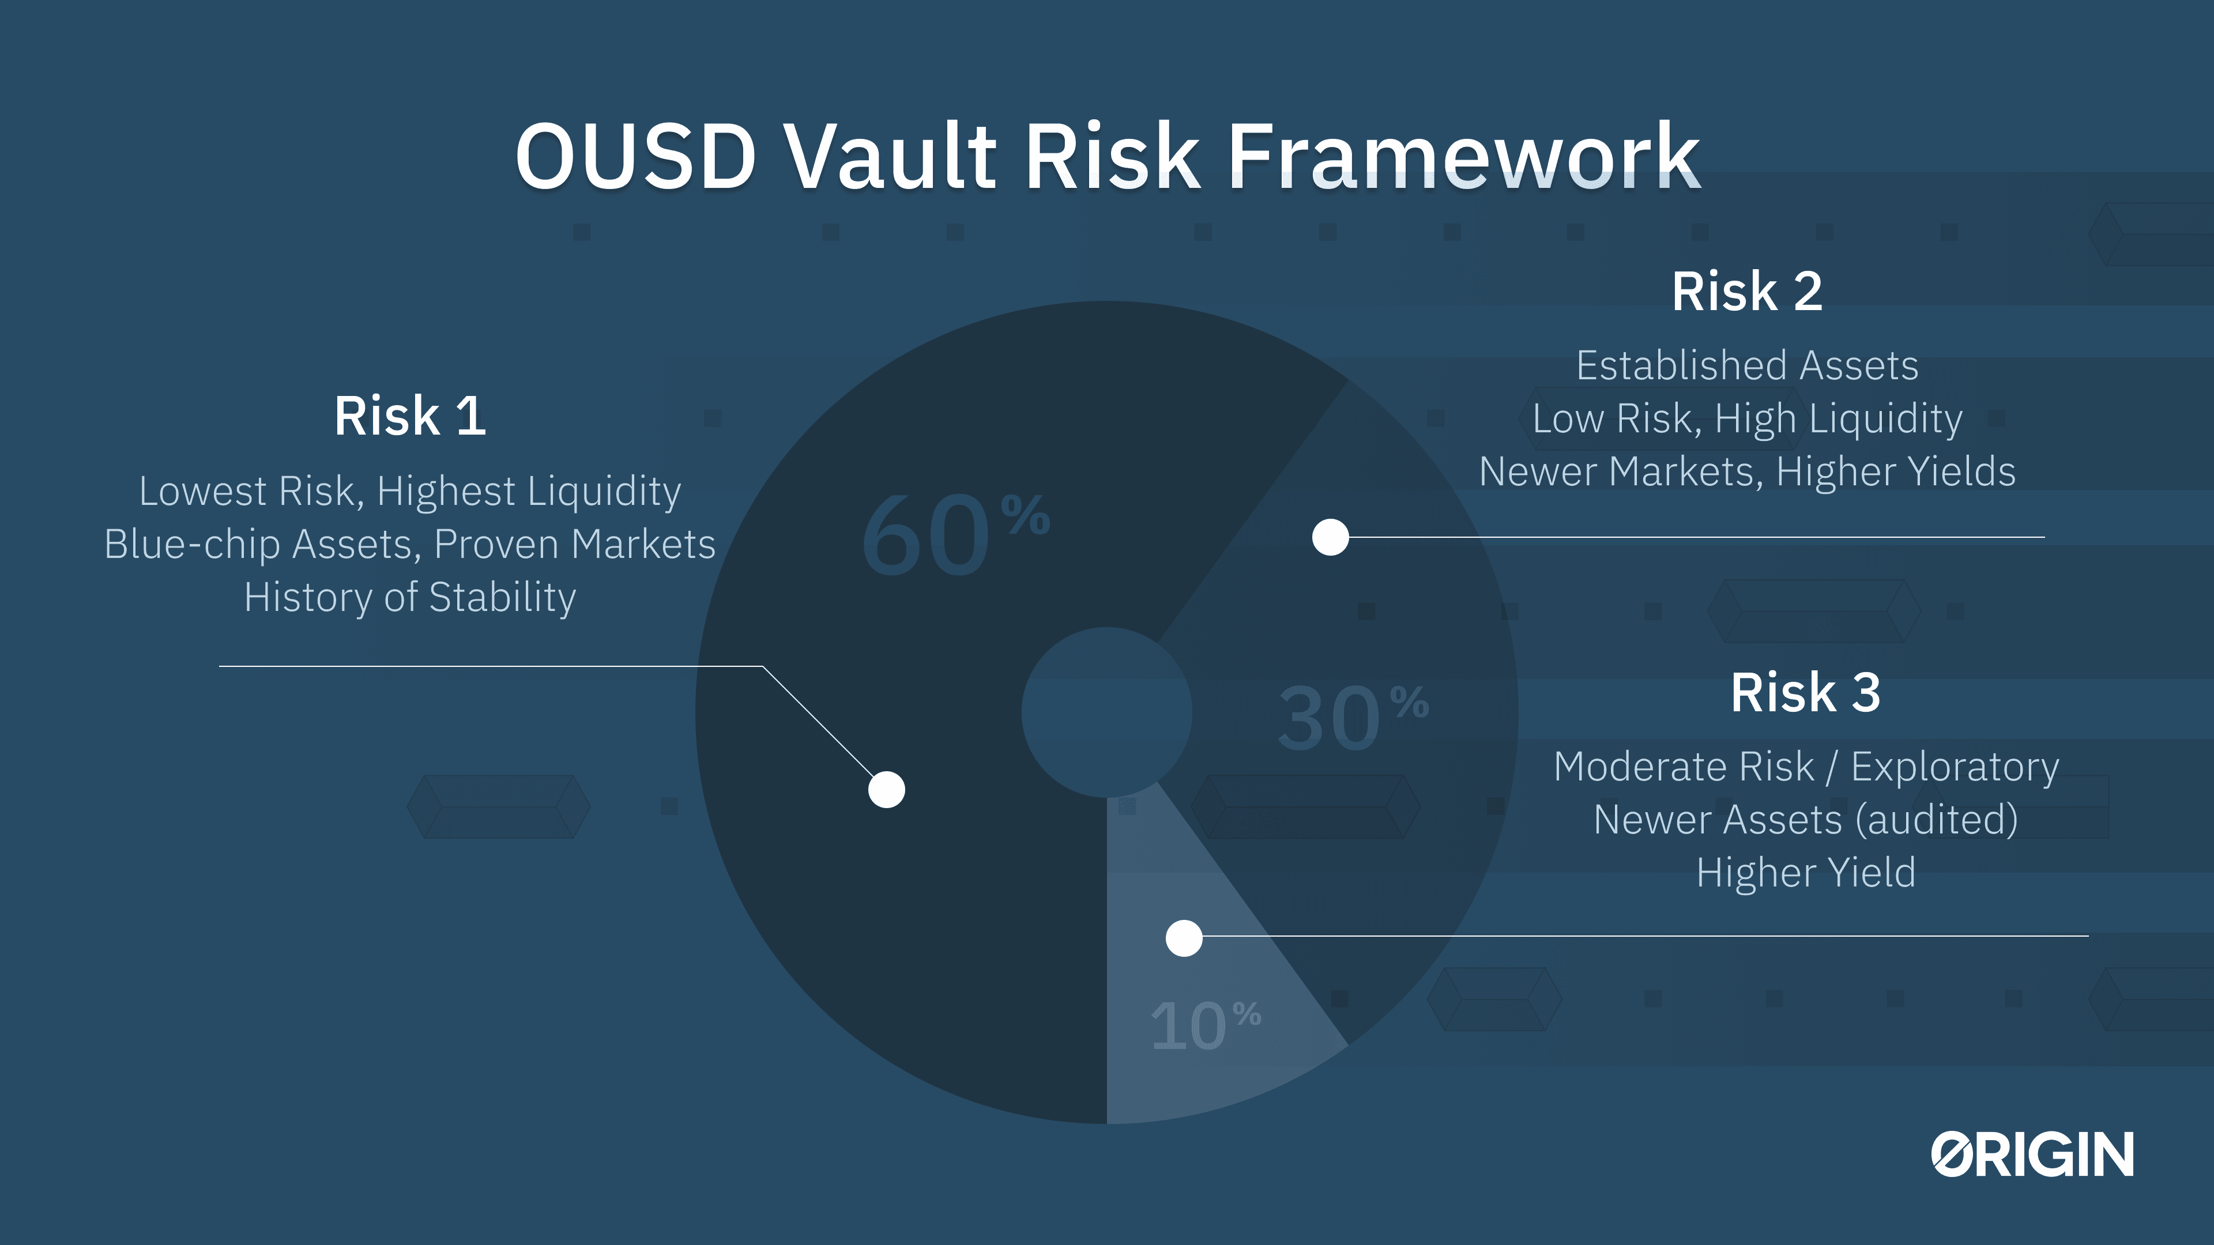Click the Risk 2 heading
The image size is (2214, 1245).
tap(1748, 291)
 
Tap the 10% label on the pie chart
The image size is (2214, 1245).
tap(1205, 1024)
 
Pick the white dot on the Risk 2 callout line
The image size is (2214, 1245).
tap(1331, 537)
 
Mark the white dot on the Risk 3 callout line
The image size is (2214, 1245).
tap(1184, 938)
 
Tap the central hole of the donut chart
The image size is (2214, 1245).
tap(1107, 712)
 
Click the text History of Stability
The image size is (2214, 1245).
tap(410, 597)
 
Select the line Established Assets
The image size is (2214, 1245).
tap(1748, 365)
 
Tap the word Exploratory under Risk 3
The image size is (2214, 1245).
tap(1955, 767)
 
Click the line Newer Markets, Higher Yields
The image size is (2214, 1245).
tap(1748, 471)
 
